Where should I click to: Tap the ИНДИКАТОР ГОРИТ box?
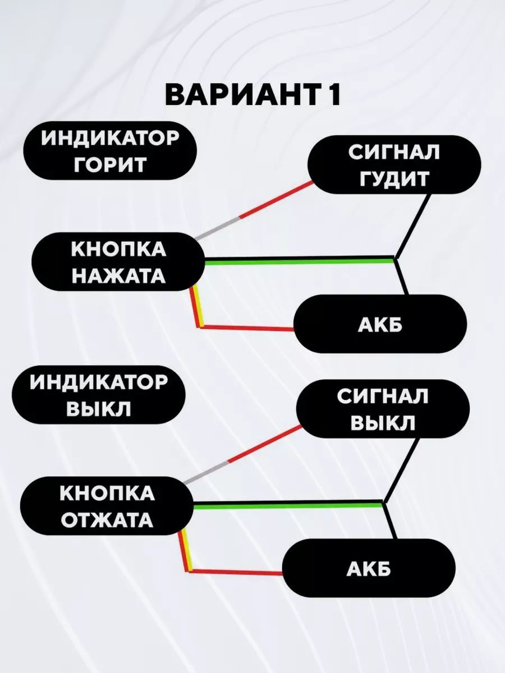coord(110,151)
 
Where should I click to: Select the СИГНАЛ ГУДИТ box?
coord(393,165)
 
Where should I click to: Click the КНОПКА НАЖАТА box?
coord(118,262)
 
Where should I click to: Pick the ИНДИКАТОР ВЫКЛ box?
coord(99,395)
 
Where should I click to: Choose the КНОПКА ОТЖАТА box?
coord(107,506)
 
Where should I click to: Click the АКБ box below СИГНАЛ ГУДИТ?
coord(380,324)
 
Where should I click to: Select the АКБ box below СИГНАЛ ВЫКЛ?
coord(368,569)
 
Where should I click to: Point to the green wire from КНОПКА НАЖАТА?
coord(297,260)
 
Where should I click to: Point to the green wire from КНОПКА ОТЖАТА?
coord(286,505)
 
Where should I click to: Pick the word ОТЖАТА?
coord(107,520)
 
